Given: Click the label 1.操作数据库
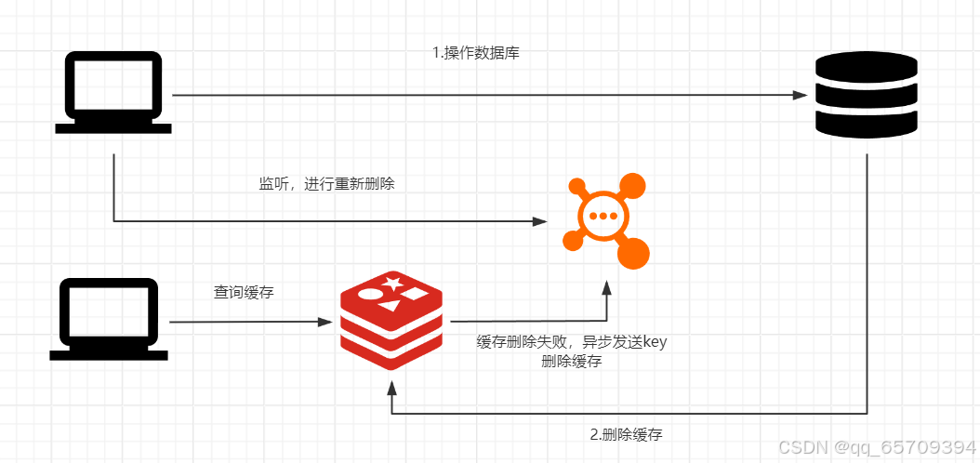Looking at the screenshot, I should click(x=476, y=53).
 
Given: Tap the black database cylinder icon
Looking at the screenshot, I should click(x=866, y=94).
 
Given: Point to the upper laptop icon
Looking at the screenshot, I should click(x=113, y=93).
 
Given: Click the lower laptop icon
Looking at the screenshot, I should click(x=110, y=319).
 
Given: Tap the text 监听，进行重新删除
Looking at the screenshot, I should click(x=326, y=184).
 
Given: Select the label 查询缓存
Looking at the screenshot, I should click(x=244, y=292).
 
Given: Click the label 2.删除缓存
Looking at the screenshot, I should click(x=626, y=434).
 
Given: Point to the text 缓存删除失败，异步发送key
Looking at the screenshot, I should click(x=571, y=342).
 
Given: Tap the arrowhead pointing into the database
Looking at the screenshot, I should click(x=799, y=95).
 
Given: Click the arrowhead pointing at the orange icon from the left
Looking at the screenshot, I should click(x=538, y=221).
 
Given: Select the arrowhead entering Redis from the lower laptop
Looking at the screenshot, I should click(x=325, y=322).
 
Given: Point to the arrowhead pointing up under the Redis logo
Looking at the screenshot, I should click(x=391, y=382).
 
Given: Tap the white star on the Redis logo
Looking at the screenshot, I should click(x=392, y=281).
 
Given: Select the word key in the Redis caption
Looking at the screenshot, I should click(x=656, y=342).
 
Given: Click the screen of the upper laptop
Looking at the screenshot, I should click(x=113, y=86).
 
